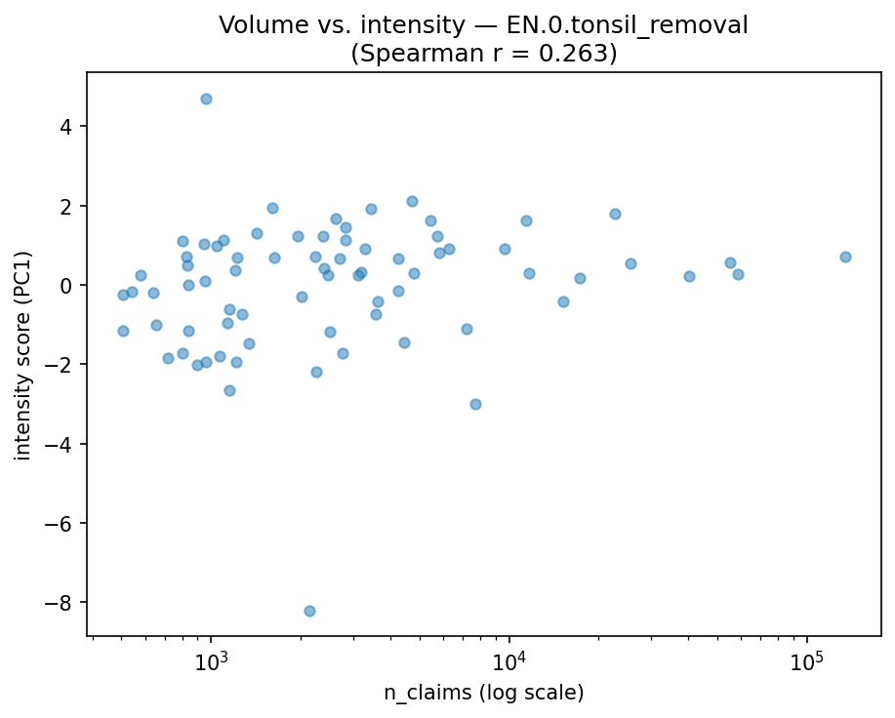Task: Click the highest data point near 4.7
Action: click(x=206, y=99)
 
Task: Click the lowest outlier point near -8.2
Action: click(x=309, y=611)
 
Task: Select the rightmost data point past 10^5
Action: click(x=845, y=257)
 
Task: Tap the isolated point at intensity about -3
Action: click(x=475, y=404)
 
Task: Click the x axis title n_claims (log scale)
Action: click(x=483, y=694)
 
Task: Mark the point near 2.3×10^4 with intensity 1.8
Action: click(x=615, y=214)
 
